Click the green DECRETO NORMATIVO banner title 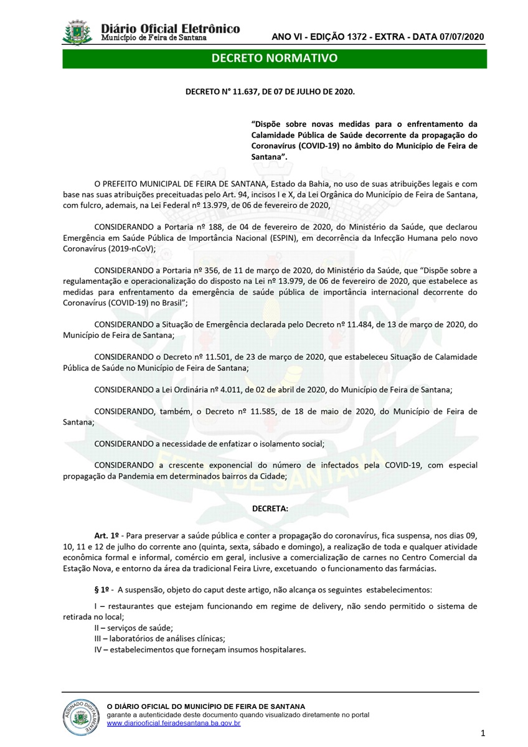275,59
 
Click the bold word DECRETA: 270,508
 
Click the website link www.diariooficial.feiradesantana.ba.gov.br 174,723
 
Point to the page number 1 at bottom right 483,732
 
